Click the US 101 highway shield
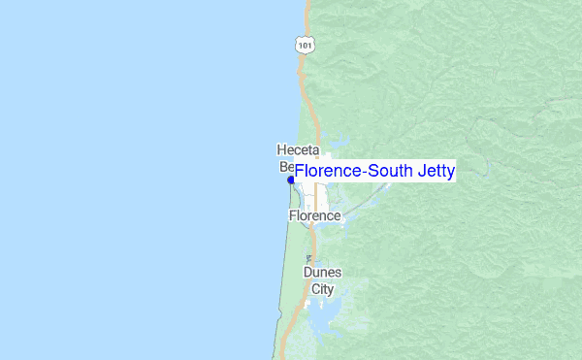[306, 45]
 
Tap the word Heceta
[298, 150]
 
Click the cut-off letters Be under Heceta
[287, 166]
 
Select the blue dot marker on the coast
[291, 180]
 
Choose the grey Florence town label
[314, 215]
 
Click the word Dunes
[322, 273]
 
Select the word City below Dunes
[322, 288]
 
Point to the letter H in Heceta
[281, 150]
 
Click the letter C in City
[314, 288]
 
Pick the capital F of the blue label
[300, 172]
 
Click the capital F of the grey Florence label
[292, 215]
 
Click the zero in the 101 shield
[306, 46]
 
